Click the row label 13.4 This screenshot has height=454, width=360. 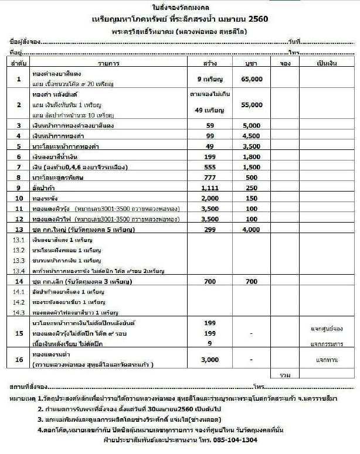pyautogui.click(x=18, y=271)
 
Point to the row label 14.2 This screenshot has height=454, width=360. pyautogui.click(x=18, y=302)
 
